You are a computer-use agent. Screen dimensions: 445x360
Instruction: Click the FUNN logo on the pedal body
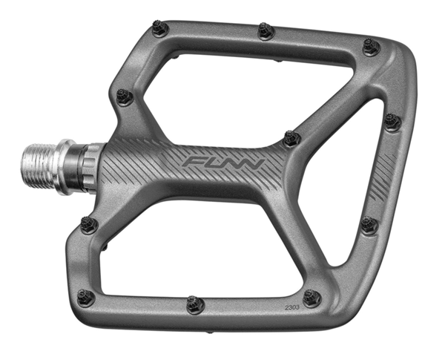[x=224, y=163]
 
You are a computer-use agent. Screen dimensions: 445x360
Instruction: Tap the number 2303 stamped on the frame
[x=292, y=307]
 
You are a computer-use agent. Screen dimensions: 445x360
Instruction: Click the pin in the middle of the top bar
[x=266, y=30]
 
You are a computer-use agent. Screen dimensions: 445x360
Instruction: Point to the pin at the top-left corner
[x=160, y=27]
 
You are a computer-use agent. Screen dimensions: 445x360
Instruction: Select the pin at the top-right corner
[x=372, y=48]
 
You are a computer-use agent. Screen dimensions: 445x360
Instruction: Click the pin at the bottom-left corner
[x=86, y=297]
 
